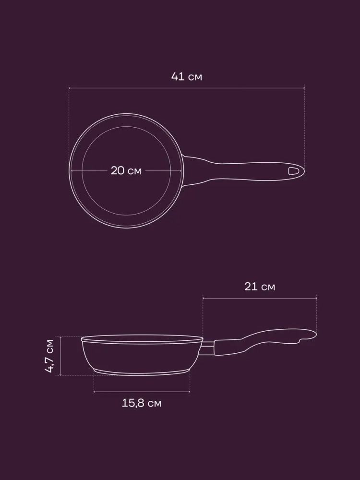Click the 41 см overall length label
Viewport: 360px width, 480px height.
point(186,76)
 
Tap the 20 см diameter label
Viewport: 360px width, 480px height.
point(126,170)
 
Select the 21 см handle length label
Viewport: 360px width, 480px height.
point(260,287)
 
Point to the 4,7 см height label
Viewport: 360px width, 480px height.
point(49,356)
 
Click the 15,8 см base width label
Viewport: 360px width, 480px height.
point(142,403)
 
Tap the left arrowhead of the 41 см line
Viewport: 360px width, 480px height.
point(70,88)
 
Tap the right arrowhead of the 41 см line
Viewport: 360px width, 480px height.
point(303,88)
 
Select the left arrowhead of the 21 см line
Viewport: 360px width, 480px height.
point(204,298)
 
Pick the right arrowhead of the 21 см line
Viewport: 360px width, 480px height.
point(315,298)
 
